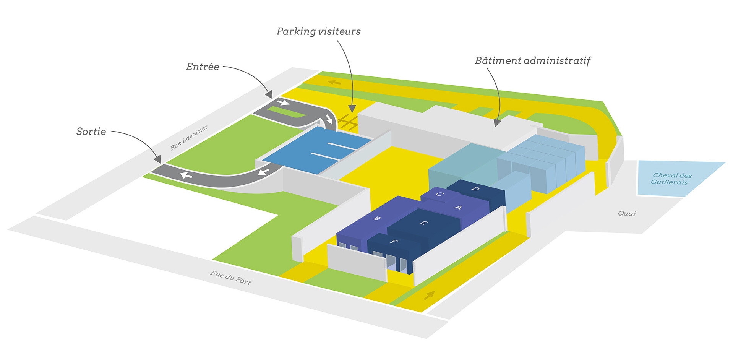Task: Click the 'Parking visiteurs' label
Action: [x=318, y=31]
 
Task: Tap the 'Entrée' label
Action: [x=203, y=67]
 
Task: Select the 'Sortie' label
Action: [x=91, y=132]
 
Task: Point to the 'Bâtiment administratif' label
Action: [x=533, y=60]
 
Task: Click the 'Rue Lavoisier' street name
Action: [x=189, y=137]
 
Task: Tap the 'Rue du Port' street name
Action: [x=230, y=278]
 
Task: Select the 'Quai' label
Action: [x=627, y=213]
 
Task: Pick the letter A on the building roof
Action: [x=458, y=207]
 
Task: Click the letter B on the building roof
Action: [x=377, y=218]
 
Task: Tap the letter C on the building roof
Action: [x=440, y=194]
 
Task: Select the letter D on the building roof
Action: [x=475, y=188]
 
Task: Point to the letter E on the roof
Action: [x=423, y=223]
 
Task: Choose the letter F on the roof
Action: [x=394, y=242]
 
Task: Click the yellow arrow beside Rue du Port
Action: [x=430, y=295]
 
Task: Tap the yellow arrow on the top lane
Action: [x=334, y=82]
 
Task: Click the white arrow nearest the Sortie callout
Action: [x=186, y=175]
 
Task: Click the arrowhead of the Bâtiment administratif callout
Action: [x=497, y=123]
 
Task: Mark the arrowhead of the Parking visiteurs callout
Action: [x=352, y=109]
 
